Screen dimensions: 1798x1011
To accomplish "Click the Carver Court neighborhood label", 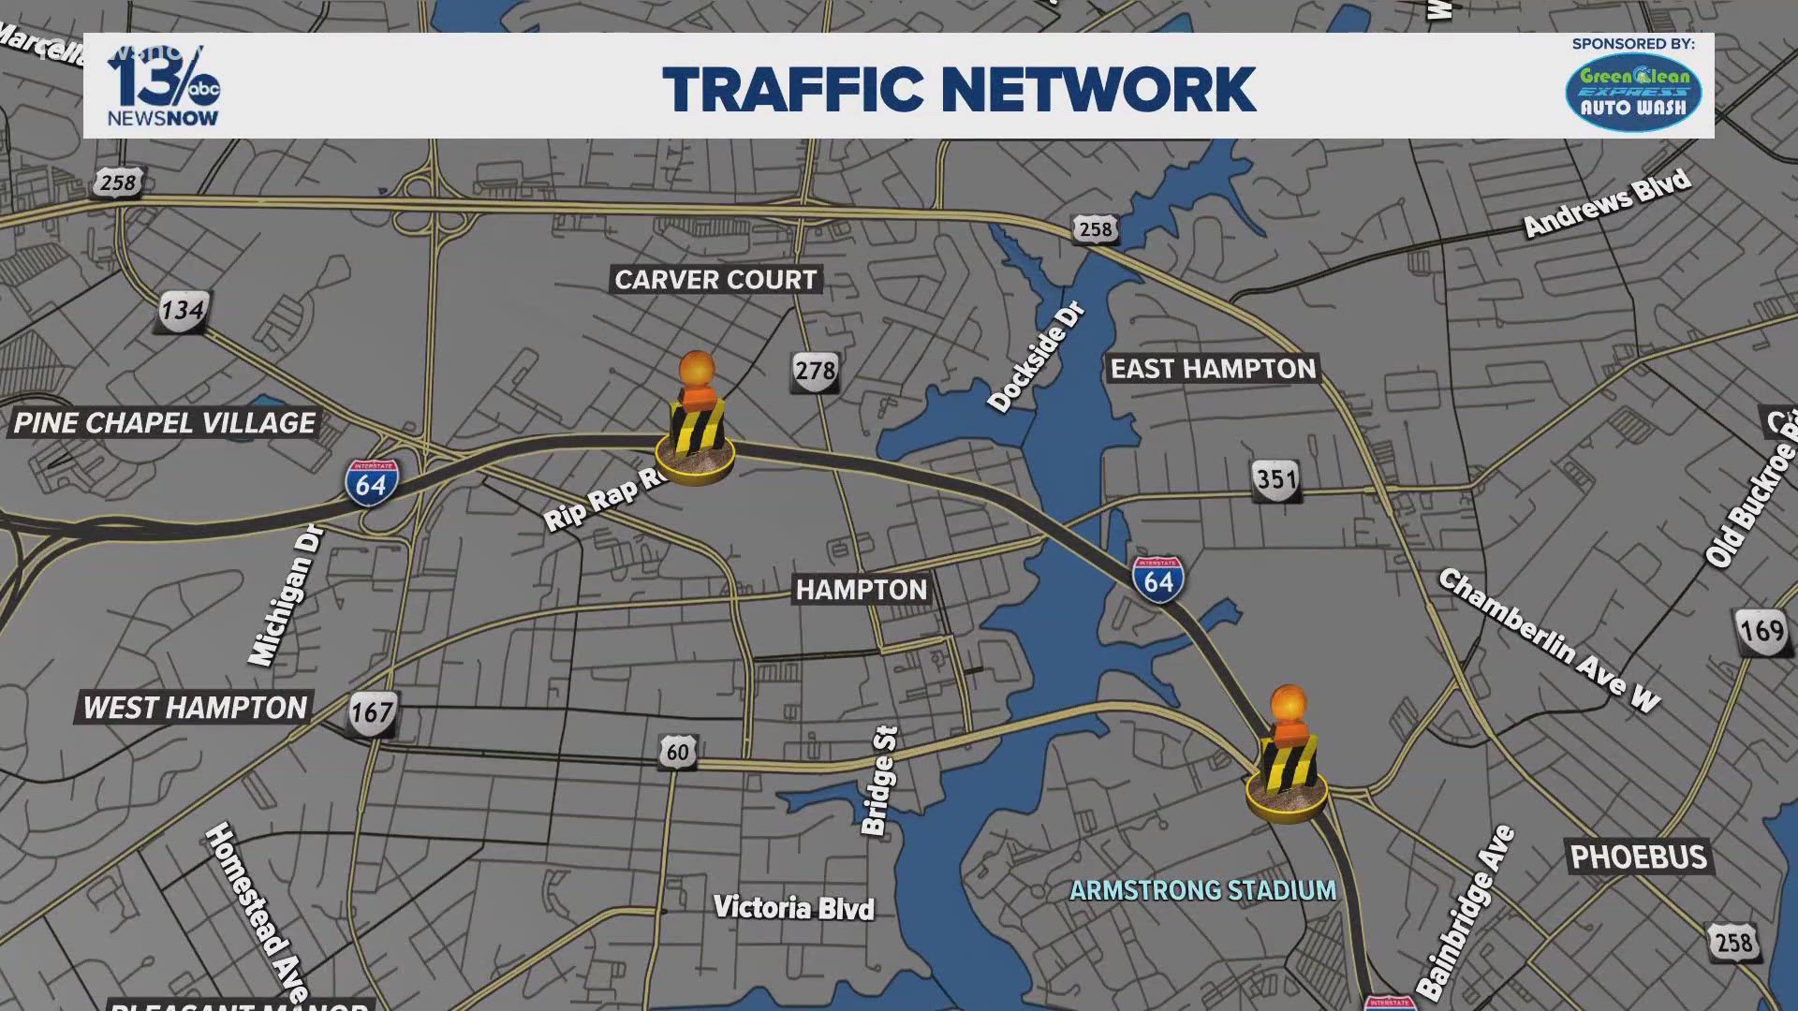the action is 716,280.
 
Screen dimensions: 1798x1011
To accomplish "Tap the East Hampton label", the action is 1213,369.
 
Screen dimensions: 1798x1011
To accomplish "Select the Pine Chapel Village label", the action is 165,423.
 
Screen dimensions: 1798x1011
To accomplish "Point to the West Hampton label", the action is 195,708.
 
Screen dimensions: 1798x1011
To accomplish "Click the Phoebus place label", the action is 1639,857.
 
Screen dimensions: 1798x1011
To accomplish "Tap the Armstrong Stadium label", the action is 1202,890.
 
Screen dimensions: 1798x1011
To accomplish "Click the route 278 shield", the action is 815,372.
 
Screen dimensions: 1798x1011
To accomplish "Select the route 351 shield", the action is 1276,480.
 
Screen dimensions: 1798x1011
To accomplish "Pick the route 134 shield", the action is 182,310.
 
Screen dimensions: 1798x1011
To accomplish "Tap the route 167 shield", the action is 372,713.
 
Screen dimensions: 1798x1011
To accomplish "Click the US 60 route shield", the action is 677,752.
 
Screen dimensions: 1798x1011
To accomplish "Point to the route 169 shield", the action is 1761,630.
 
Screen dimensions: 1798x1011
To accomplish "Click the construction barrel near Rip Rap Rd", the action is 696,421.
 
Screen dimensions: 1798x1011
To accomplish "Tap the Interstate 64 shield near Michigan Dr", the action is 372,483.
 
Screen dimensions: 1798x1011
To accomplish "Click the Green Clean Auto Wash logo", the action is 1633,92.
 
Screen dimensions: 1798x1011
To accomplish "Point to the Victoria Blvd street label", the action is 794,908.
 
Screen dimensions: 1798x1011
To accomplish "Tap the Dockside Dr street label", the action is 1037,357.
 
